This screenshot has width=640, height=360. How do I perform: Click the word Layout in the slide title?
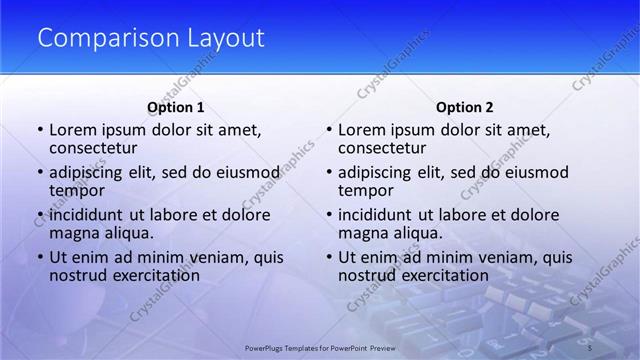(x=225, y=39)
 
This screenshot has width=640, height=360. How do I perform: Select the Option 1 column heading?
(x=176, y=107)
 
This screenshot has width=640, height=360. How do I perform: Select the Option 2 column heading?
(x=465, y=107)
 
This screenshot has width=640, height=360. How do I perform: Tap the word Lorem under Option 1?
(x=73, y=130)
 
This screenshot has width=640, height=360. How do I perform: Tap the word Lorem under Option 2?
(x=362, y=130)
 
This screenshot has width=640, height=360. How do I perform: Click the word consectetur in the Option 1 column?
(x=93, y=148)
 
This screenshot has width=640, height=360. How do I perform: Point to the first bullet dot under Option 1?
(x=40, y=131)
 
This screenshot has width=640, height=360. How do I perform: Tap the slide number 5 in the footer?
(x=590, y=346)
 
